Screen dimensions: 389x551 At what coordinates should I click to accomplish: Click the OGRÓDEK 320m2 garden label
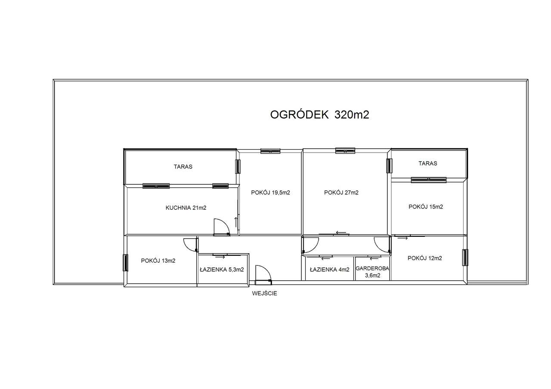319,115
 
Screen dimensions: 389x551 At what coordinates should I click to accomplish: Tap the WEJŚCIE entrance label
264,294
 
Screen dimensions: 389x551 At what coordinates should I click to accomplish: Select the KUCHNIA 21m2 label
186,208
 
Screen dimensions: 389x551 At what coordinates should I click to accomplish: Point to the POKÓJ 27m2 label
341,193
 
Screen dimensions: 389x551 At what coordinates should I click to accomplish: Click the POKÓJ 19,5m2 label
270,193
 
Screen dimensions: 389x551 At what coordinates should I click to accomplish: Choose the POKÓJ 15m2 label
426,206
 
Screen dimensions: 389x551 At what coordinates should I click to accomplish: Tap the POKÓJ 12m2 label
425,258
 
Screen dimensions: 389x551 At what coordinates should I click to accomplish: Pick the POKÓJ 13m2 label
158,260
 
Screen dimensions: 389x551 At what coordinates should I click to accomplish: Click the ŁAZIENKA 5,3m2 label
222,270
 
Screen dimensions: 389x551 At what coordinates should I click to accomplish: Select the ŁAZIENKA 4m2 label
329,270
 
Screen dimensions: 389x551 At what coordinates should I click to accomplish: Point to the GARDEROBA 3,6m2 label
372,272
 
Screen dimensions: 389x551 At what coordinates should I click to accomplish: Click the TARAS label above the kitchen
183,167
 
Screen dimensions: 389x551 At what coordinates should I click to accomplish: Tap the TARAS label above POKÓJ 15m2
428,163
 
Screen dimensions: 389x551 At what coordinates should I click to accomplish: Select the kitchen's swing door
222,227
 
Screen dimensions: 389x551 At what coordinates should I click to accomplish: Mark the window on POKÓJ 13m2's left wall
126,263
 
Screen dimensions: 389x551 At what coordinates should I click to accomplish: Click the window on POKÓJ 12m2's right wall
465,258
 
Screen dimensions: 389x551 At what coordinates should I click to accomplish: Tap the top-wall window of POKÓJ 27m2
345,150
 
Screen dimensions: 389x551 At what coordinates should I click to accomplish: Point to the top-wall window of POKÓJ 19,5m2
270,150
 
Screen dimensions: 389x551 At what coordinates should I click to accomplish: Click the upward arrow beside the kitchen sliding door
236,222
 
